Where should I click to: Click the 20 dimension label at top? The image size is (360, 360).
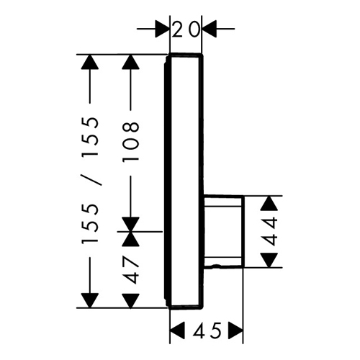pyautogui.click(x=186, y=30)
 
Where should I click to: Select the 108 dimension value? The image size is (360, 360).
pyautogui.click(x=131, y=141)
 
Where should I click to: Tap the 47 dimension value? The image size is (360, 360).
pyautogui.click(x=131, y=269)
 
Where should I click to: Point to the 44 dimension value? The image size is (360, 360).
pyautogui.click(x=269, y=231)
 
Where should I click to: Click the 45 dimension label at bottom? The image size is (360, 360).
pyautogui.click(x=207, y=330)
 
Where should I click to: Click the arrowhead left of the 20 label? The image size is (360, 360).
pyautogui.click(x=162, y=29)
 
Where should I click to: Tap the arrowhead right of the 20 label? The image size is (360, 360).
pyautogui.click(x=210, y=29)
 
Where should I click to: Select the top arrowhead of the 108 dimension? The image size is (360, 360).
pyautogui.click(x=130, y=62)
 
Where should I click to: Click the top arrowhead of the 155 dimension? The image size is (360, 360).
pyautogui.click(x=90, y=62)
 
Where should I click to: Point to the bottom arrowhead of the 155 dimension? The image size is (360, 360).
pyautogui.click(x=90, y=300)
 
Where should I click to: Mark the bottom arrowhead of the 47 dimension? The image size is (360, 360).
pyautogui.click(x=130, y=301)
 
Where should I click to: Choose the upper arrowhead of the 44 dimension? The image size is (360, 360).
pyautogui.click(x=269, y=204)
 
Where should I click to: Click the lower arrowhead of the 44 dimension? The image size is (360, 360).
pyautogui.click(x=269, y=260)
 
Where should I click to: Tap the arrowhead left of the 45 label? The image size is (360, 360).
pyautogui.click(x=177, y=330)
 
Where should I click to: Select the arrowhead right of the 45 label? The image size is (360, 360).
pyautogui.click(x=235, y=330)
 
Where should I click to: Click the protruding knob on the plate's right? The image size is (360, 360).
pyautogui.click(x=224, y=231)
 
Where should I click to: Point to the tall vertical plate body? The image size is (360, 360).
pyautogui.click(x=184, y=181)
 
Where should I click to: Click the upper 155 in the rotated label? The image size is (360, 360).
pyautogui.click(x=90, y=137)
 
